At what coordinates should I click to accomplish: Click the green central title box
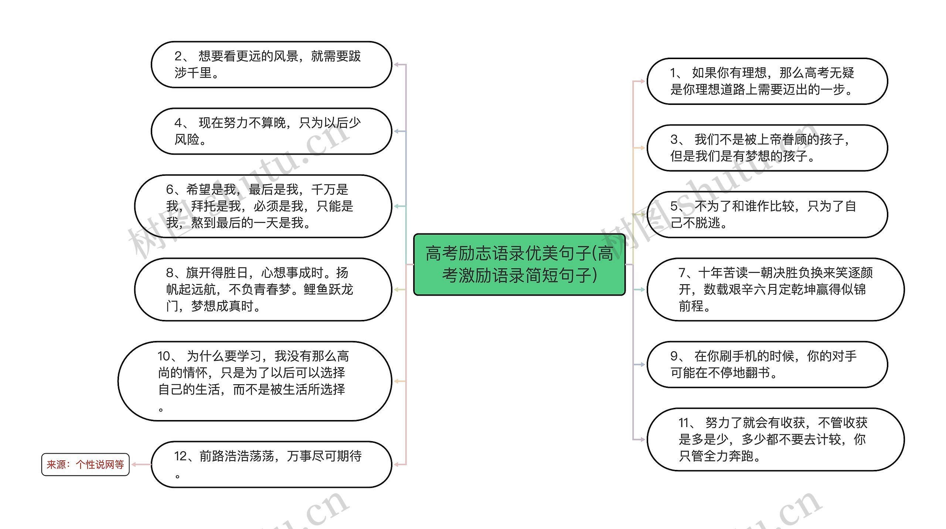(519, 264)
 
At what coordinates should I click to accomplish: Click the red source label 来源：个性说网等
(85, 464)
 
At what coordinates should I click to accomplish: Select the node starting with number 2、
(271, 65)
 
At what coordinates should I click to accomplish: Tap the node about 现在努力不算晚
(271, 131)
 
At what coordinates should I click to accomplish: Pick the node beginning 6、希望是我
(263, 206)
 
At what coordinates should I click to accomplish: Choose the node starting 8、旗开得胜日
(263, 289)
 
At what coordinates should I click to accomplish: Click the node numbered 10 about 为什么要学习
(255, 381)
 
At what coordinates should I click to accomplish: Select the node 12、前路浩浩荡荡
(271, 464)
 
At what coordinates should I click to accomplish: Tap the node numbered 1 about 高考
(767, 81)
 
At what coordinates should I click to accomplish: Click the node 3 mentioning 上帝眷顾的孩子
(767, 148)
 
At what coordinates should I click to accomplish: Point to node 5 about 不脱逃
(767, 214)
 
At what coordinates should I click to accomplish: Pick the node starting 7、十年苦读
(775, 289)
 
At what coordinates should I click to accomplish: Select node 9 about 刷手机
(767, 364)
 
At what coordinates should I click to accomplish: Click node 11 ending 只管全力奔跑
(775, 439)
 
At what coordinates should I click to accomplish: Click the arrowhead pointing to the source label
(134, 464)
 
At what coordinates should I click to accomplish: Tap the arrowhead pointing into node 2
(396, 65)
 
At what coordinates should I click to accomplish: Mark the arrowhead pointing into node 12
(396, 464)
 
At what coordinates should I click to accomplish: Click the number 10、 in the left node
(168, 356)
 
